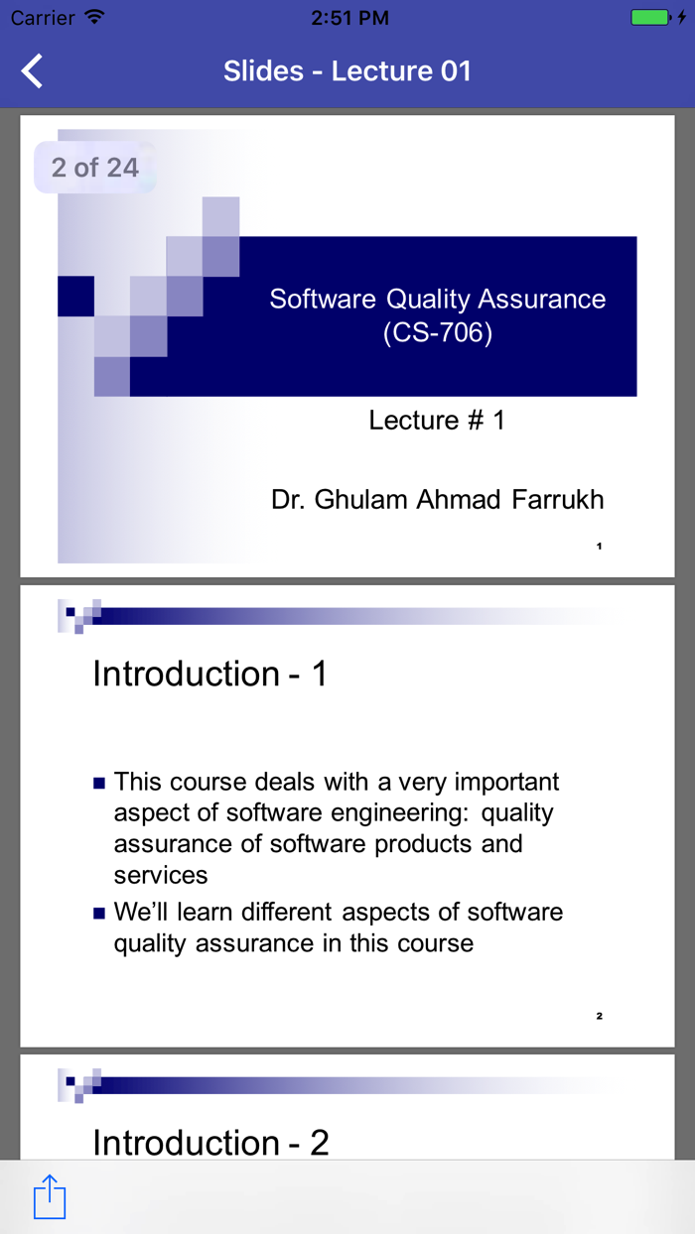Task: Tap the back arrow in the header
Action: click(x=33, y=71)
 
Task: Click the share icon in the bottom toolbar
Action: click(x=50, y=1196)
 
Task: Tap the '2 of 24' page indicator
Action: click(x=94, y=167)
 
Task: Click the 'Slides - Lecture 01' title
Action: click(x=347, y=71)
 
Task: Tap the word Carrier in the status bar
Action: click(x=43, y=18)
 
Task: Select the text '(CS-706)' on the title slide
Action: click(x=438, y=332)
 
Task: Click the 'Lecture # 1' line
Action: click(x=437, y=421)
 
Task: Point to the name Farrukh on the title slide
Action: click(x=558, y=500)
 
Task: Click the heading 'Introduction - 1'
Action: click(x=209, y=675)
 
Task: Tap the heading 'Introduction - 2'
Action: click(x=210, y=1143)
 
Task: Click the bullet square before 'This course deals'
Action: click(x=99, y=784)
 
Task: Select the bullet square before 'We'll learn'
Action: click(x=99, y=914)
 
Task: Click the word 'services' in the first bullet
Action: click(x=161, y=875)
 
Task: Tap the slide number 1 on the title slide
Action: click(x=600, y=546)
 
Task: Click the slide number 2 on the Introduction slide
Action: click(x=600, y=1016)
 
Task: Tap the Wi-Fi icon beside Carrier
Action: click(x=94, y=18)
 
